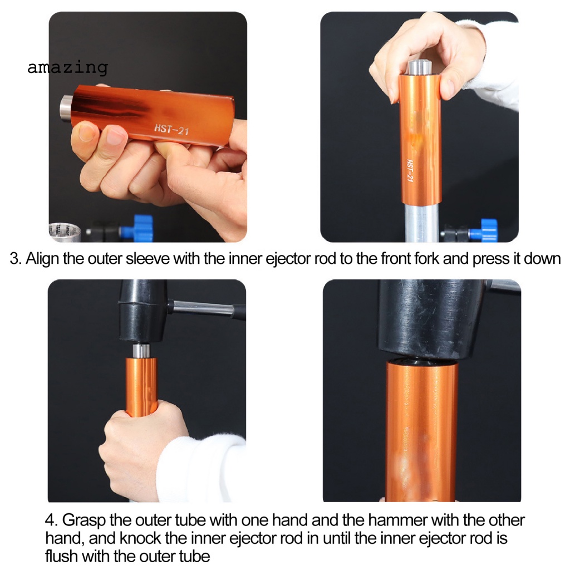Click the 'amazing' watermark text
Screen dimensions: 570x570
click(x=67, y=67)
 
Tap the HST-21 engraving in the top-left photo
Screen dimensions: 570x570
click(x=171, y=129)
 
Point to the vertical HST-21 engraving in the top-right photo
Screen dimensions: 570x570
click(x=410, y=170)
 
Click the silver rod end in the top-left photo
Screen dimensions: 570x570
click(x=67, y=108)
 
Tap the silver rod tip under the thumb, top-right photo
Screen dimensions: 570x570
click(x=420, y=68)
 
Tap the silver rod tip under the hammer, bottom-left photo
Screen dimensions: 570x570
click(x=141, y=351)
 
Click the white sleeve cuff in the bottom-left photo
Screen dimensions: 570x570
click(x=204, y=468)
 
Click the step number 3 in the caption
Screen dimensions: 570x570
click(x=14, y=259)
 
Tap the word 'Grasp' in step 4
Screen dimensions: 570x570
click(x=84, y=520)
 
